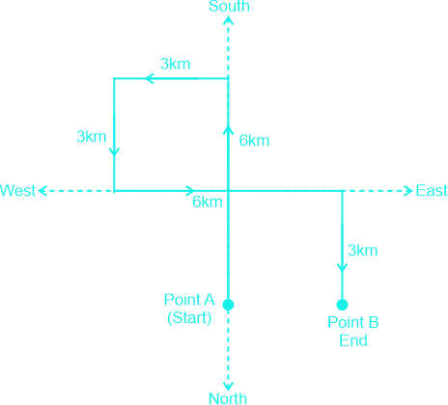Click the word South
[x=229, y=6]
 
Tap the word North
[x=228, y=398]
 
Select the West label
[x=17, y=191]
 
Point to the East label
[x=432, y=191]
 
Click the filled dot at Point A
[x=228, y=305]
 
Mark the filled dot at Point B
[x=342, y=305]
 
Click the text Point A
[x=189, y=300]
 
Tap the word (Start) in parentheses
[x=189, y=317]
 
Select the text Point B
[x=353, y=322]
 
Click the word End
[x=353, y=340]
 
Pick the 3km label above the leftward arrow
[x=176, y=64]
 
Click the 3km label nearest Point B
[x=363, y=251]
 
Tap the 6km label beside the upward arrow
[x=254, y=141]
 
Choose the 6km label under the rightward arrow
[x=208, y=202]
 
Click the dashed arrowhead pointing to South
[x=229, y=20]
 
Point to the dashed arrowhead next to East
[x=408, y=191]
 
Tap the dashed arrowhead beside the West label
[x=42, y=191]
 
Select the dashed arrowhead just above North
[x=228, y=387]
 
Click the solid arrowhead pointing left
[x=149, y=78]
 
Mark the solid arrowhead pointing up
[x=229, y=130]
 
